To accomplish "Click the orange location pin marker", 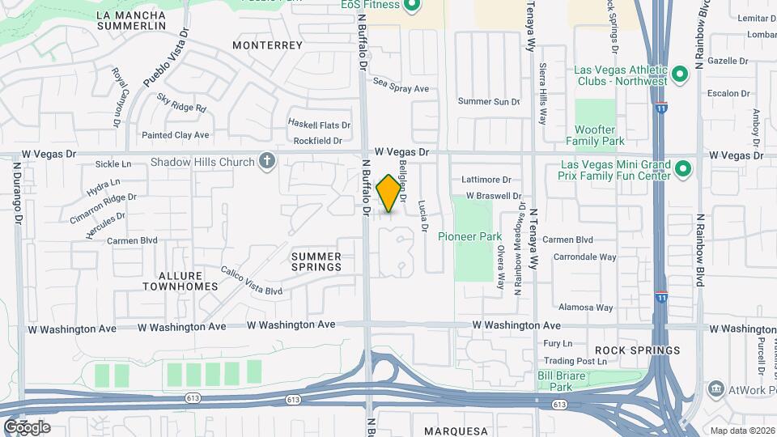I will (x=389, y=193).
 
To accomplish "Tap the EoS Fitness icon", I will (x=411, y=6).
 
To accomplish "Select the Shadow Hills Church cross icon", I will (x=265, y=162).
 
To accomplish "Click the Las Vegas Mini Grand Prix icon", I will (x=682, y=169).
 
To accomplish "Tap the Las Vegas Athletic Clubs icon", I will (x=680, y=77).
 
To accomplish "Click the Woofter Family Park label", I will (x=600, y=135).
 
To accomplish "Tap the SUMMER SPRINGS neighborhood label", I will (x=316, y=261).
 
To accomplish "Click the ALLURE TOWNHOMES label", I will (x=180, y=281).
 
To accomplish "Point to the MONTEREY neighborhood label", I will (x=267, y=45).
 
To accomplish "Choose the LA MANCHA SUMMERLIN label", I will (x=131, y=20).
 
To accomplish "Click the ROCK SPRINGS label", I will (x=648, y=350).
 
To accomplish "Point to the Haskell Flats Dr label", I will (x=320, y=125).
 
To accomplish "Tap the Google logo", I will (x=27, y=427).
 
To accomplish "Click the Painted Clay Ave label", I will (x=175, y=135).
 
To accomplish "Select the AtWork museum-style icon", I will (x=715, y=388).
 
